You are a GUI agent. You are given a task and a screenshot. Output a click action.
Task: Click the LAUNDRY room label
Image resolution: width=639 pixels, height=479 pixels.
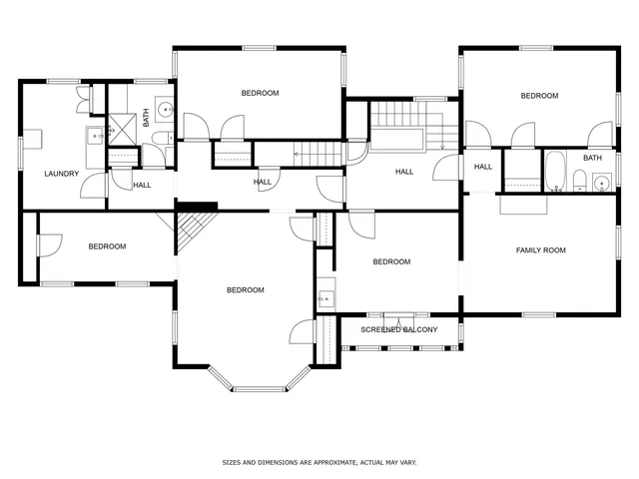(61, 174)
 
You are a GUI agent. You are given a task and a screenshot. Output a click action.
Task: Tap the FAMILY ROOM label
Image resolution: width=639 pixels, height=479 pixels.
(540, 249)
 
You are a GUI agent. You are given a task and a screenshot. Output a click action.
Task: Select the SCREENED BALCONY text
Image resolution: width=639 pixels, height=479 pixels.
(399, 328)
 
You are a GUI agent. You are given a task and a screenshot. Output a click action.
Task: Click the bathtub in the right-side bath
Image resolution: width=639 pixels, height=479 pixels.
(555, 170)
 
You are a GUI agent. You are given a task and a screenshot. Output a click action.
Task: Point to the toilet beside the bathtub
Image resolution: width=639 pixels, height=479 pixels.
(579, 180)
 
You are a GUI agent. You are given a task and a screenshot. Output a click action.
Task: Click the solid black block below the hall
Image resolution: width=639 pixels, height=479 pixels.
(197, 207)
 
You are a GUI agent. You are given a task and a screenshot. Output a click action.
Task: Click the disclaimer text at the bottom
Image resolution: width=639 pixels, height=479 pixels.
(319, 463)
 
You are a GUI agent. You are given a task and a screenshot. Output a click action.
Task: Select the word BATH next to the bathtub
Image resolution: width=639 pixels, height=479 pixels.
(592, 158)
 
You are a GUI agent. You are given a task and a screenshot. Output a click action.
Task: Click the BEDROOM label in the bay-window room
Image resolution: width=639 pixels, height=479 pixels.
(245, 289)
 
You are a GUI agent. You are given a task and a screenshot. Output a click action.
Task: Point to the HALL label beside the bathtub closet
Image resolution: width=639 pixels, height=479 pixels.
(483, 167)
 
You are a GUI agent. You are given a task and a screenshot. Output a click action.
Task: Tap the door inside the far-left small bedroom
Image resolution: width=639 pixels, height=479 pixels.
(50, 244)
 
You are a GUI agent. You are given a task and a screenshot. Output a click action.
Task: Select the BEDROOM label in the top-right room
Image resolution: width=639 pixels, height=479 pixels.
(539, 96)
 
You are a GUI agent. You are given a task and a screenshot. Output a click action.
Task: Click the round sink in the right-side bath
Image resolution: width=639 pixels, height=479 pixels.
(600, 181)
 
